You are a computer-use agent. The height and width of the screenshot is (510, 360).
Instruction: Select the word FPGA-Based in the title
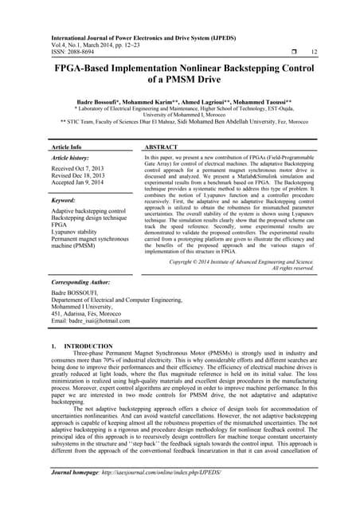pyautogui.click(x=87, y=69)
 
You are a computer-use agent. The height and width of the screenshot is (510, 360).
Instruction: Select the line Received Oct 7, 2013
pyautogui.click(x=76, y=170)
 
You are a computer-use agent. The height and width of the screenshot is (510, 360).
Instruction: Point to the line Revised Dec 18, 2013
pyautogui.click(x=78, y=178)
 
